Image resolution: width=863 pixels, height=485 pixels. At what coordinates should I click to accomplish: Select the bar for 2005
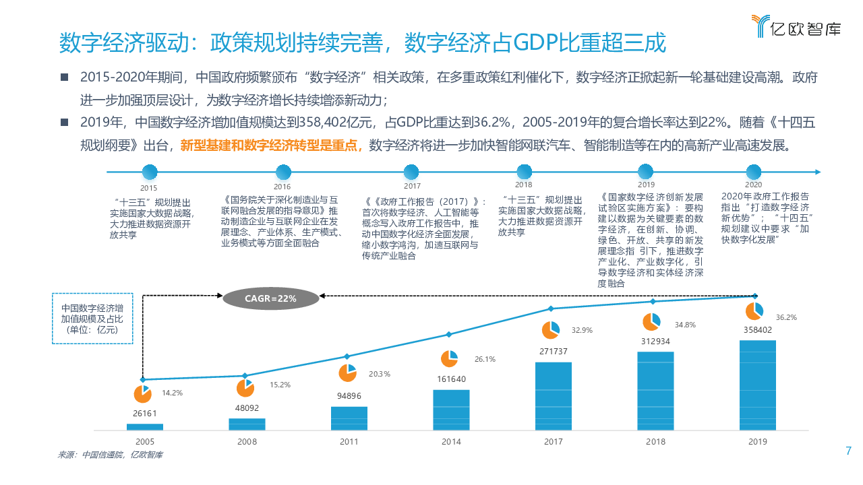tap(144, 426)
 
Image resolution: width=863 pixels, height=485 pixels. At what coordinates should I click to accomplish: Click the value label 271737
tap(554, 352)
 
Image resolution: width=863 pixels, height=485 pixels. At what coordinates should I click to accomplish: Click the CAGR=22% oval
tap(270, 298)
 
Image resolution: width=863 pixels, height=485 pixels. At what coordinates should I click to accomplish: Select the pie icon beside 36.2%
tap(754, 311)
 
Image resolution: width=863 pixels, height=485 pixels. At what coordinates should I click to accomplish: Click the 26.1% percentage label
tap(485, 359)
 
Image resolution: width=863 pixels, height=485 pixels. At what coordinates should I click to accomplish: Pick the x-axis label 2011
tap(349, 442)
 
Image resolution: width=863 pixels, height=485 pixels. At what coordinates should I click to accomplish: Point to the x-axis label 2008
tap(247, 442)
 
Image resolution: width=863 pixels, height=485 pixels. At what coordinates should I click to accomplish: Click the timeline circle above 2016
tap(282, 172)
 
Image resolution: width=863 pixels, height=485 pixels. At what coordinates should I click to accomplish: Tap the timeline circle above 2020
tap(753, 172)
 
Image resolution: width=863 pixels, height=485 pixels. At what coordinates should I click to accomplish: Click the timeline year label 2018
tap(523, 185)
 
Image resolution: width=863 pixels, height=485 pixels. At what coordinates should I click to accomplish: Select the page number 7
tap(848, 451)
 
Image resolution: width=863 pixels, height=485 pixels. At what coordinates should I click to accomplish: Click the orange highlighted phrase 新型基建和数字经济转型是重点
tap(271, 145)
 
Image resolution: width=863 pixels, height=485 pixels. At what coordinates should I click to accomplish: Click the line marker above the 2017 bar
tap(551, 309)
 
